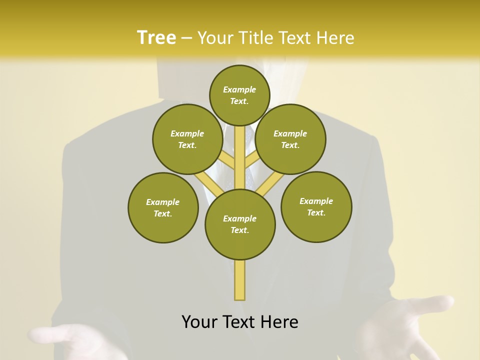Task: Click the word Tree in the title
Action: pyautogui.click(x=156, y=37)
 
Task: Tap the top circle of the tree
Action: pyautogui.click(x=239, y=95)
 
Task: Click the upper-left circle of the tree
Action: pyautogui.click(x=187, y=139)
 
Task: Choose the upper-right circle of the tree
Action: pyautogui.click(x=290, y=139)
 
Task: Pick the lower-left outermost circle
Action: pyautogui.click(x=163, y=207)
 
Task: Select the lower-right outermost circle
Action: pyautogui.click(x=316, y=206)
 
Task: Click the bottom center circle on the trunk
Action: pyautogui.click(x=240, y=224)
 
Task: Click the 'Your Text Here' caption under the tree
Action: pyautogui.click(x=240, y=322)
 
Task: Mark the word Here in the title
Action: pyautogui.click(x=335, y=37)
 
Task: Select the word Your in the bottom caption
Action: pyautogui.click(x=199, y=322)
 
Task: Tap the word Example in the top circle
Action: pyautogui.click(x=239, y=89)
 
